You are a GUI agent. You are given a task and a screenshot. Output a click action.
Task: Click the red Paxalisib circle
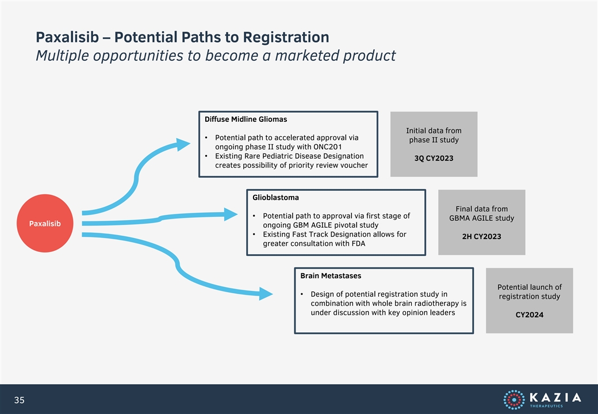(x=45, y=224)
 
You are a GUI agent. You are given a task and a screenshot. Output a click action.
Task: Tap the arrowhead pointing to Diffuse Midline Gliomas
(x=183, y=144)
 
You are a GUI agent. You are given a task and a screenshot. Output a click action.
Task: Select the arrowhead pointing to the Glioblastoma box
(x=231, y=214)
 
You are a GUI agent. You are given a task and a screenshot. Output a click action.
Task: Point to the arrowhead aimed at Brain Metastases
(x=266, y=293)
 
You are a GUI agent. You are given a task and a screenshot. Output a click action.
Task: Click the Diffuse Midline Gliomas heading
(x=246, y=120)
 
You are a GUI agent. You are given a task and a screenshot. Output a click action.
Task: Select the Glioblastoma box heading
(x=275, y=197)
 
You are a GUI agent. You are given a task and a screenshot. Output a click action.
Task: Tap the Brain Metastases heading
(x=331, y=275)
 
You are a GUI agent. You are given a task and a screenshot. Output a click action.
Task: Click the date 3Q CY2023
(x=434, y=158)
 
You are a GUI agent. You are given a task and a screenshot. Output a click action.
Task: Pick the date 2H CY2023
(x=481, y=236)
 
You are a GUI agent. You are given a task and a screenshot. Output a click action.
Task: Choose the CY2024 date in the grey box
(x=530, y=315)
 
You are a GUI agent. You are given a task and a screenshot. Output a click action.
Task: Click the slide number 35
(x=19, y=400)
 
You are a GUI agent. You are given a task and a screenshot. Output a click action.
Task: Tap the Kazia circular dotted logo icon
(x=513, y=400)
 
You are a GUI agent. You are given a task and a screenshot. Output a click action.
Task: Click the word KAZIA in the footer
(x=555, y=397)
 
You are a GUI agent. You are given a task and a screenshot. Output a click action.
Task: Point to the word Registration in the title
(x=286, y=37)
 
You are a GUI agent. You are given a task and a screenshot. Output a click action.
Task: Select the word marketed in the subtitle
(x=308, y=56)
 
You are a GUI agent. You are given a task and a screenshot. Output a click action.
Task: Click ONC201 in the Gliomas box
(x=328, y=147)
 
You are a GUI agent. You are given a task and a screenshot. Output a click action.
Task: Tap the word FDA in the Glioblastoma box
(x=358, y=243)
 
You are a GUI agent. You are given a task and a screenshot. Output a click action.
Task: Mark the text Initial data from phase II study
(x=434, y=135)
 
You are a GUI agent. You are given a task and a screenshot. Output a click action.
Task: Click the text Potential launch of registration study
(x=530, y=292)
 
